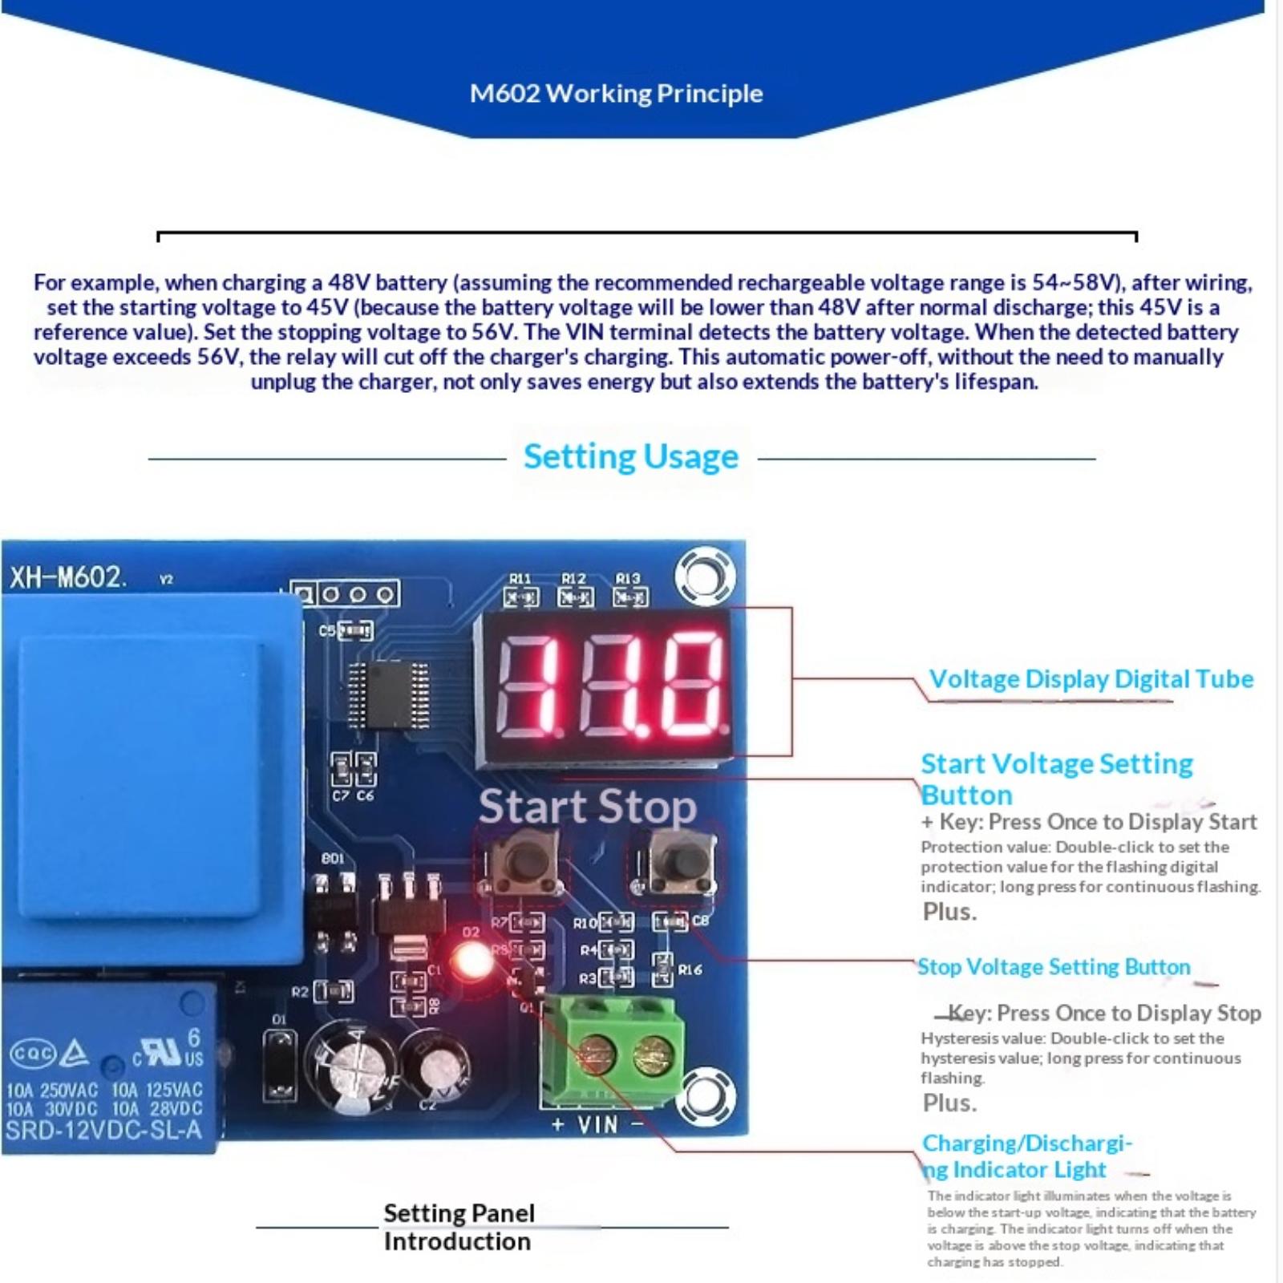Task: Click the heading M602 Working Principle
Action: pyautogui.click(x=616, y=94)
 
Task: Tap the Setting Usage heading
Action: pyautogui.click(x=630, y=457)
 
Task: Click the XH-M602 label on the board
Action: pyautogui.click(x=67, y=577)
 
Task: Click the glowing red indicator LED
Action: pyautogui.click(x=472, y=959)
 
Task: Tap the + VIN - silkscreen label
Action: pyautogui.click(x=597, y=1125)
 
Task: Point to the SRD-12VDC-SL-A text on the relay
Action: pyautogui.click(x=103, y=1131)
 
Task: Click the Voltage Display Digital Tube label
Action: pyautogui.click(x=1091, y=679)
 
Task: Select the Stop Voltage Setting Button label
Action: pyautogui.click(x=1054, y=967)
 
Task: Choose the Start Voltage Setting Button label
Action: pyautogui.click(x=1055, y=779)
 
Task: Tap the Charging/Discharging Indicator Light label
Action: pyautogui.click(x=1026, y=1156)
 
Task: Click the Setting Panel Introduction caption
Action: pyautogui.click(x=458, y=1227)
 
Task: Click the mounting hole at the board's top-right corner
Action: pyautogui.click(x=705, y=576)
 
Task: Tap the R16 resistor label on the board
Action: pyautogui.click(x=690, y=970)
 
